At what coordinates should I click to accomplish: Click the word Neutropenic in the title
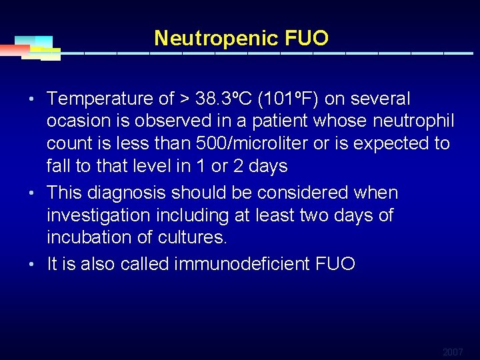pyautogui.click(x=215, y=38)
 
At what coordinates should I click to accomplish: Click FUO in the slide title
pyautogui.click(x=306, y=38)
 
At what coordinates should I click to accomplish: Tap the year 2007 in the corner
pyautogui.click(x=453, y=351)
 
